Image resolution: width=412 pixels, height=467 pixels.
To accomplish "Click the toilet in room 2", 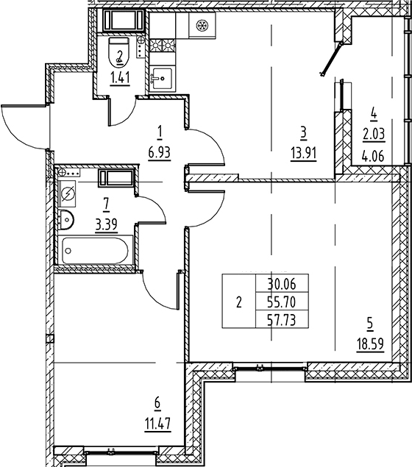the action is click(119, 51).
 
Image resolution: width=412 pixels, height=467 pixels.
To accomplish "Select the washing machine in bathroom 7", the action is click(68, 194).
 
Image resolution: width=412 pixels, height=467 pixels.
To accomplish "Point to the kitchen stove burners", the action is click(163, 46).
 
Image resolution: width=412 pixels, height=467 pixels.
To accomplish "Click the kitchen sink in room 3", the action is click(163, 79).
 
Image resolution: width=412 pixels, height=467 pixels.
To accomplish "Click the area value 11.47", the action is click(158, 423).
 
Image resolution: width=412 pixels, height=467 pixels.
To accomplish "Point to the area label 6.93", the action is click(159, 153).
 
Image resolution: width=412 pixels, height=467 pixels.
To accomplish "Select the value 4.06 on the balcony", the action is click(374, 156).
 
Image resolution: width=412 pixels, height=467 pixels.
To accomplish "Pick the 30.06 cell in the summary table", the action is click(282, 285).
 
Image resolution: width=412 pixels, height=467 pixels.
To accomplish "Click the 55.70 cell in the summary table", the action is click(282, 302).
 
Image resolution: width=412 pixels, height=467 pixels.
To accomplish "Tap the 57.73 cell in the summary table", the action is click(282, 321).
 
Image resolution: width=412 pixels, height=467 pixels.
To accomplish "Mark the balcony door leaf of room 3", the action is click(331, 58).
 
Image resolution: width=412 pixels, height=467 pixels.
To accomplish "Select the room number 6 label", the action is click(157, 403).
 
